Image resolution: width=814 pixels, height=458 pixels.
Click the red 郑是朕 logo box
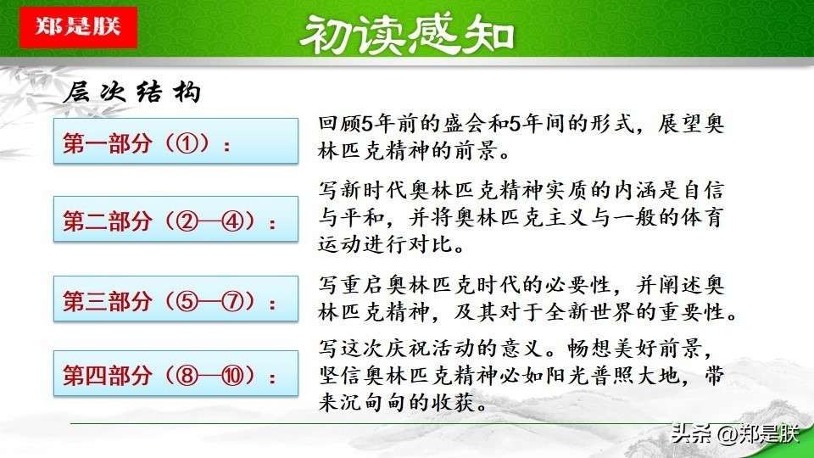(x=78, y=27)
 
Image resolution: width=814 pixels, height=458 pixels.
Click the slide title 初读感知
(x=407, y=35)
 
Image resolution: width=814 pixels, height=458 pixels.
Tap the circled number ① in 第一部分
(x=187, y=143)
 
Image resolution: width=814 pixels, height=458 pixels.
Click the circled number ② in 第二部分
(x=187, y=221)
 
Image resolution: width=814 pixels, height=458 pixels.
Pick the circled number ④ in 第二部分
(x=232, y=221)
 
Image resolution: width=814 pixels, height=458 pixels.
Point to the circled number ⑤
(x=187, y=301)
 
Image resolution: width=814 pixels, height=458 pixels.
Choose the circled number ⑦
(x=232, y=301)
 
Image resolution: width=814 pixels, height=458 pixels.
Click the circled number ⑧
(x=187, y=376)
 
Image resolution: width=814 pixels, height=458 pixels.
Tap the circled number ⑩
(x=232, y=376)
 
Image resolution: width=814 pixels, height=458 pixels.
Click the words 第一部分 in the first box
(x=108, y=143)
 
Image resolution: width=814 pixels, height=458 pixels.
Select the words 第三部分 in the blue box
(x=108, y=301)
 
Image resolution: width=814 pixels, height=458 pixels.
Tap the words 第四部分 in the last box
(x=108, y=376)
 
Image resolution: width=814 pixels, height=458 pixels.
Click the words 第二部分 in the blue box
(x=108, y=221)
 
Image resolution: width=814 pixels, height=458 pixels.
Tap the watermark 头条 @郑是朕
(x=735, y=433)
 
